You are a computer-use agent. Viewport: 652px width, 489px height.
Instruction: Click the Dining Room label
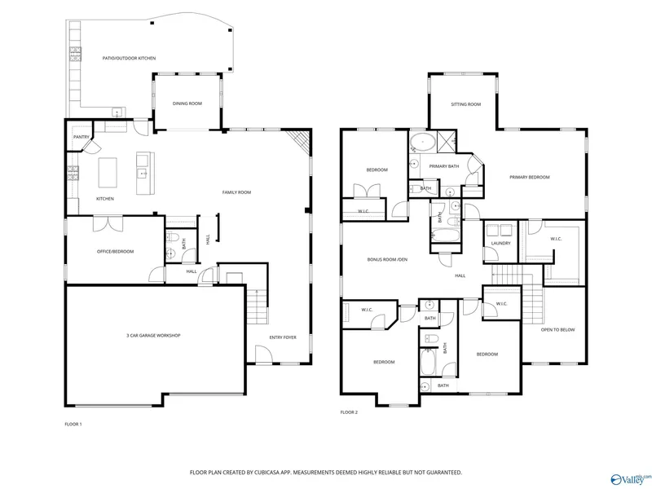[187, 104]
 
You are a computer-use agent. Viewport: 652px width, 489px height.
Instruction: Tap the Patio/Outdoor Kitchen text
[129, 58]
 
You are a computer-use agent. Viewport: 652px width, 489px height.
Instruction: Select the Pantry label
[81, 137]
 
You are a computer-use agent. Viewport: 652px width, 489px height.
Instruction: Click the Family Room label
[236, 192]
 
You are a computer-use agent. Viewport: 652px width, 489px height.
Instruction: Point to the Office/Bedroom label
[115, 252]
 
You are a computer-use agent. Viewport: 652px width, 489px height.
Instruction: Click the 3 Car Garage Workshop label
[153, 336]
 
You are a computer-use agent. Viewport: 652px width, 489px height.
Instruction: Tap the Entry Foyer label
[283, 337]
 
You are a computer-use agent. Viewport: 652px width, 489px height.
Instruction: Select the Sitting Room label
[465, 104]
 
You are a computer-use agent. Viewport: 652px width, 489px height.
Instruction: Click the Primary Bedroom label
[529, 177]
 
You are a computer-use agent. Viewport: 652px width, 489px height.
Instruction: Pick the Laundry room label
[500, 243]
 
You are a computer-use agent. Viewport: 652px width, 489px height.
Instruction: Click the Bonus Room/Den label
[387, 259]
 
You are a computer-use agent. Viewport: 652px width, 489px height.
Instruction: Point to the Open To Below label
[557, 330]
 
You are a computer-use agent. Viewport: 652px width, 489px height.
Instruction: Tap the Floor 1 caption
[73, 424]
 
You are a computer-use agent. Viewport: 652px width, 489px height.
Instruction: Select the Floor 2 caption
[349, 412]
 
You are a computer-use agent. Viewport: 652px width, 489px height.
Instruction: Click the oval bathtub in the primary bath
[422, 143]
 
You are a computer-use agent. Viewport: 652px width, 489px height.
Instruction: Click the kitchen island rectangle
[108, 173]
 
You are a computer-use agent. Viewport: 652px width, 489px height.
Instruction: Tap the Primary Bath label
[444, 166]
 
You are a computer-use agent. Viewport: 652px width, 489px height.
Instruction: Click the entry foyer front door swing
[263, 354]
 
